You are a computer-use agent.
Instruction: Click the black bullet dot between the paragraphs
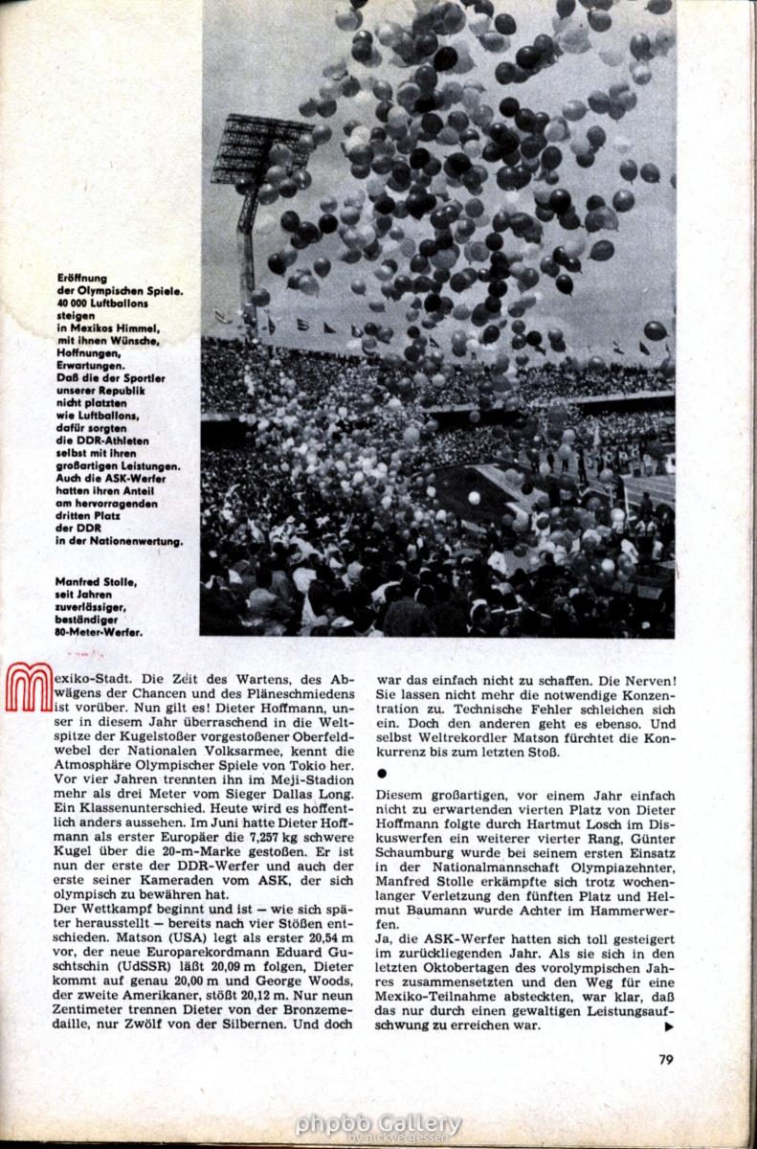coord(382,771)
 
